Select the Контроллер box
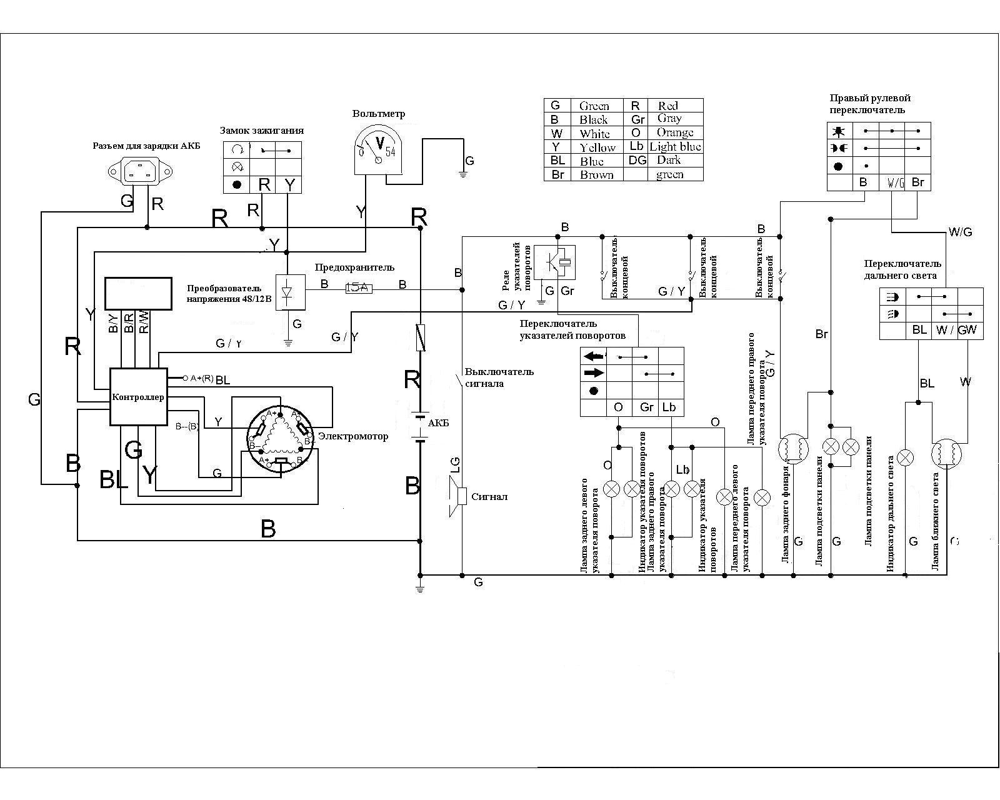click(x=138, y=397)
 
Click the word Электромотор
click(x=353, y=436)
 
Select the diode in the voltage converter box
click(x=287, y=291)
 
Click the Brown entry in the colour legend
click(x=596, y=175)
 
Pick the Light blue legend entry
click(x=675, y=147)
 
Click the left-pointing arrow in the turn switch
click(x=594, y=357)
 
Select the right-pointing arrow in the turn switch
click(x=594, y=373)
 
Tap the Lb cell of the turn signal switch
click(x=669, y=407)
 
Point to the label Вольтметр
click(x=379, y=114)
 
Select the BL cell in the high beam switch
click(x=919, y=330)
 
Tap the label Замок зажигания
click(x=262, y=131)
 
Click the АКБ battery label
click(x=438, y=423)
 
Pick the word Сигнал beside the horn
click(x=489, y=497)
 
